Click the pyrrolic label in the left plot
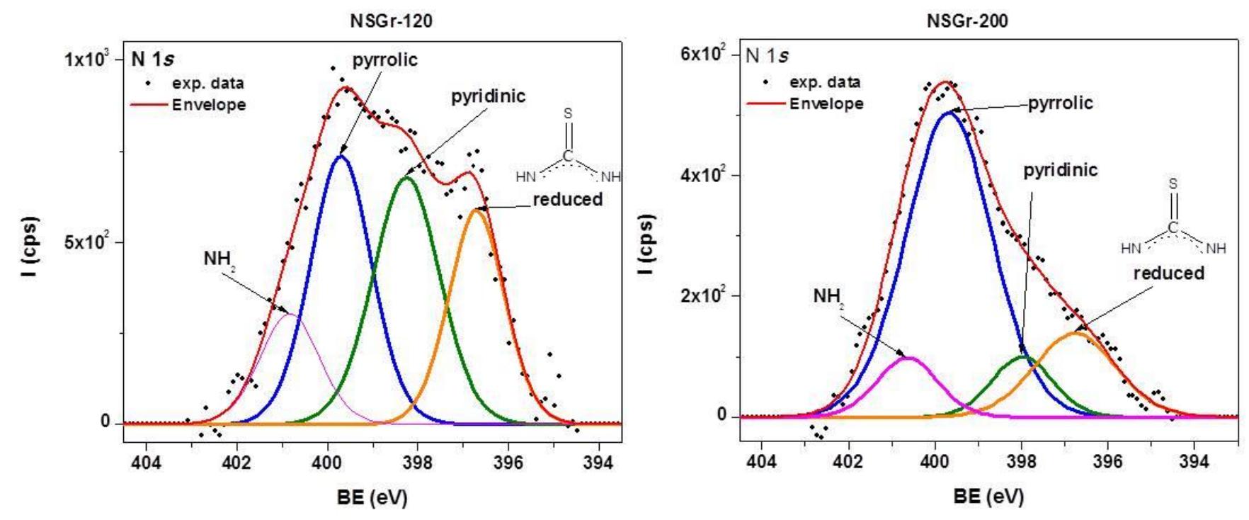point(386,60)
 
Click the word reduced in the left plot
point(567,200)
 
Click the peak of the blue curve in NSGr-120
point(341,156)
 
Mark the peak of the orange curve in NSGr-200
point(1075,333)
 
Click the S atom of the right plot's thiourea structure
point(1173,183)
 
